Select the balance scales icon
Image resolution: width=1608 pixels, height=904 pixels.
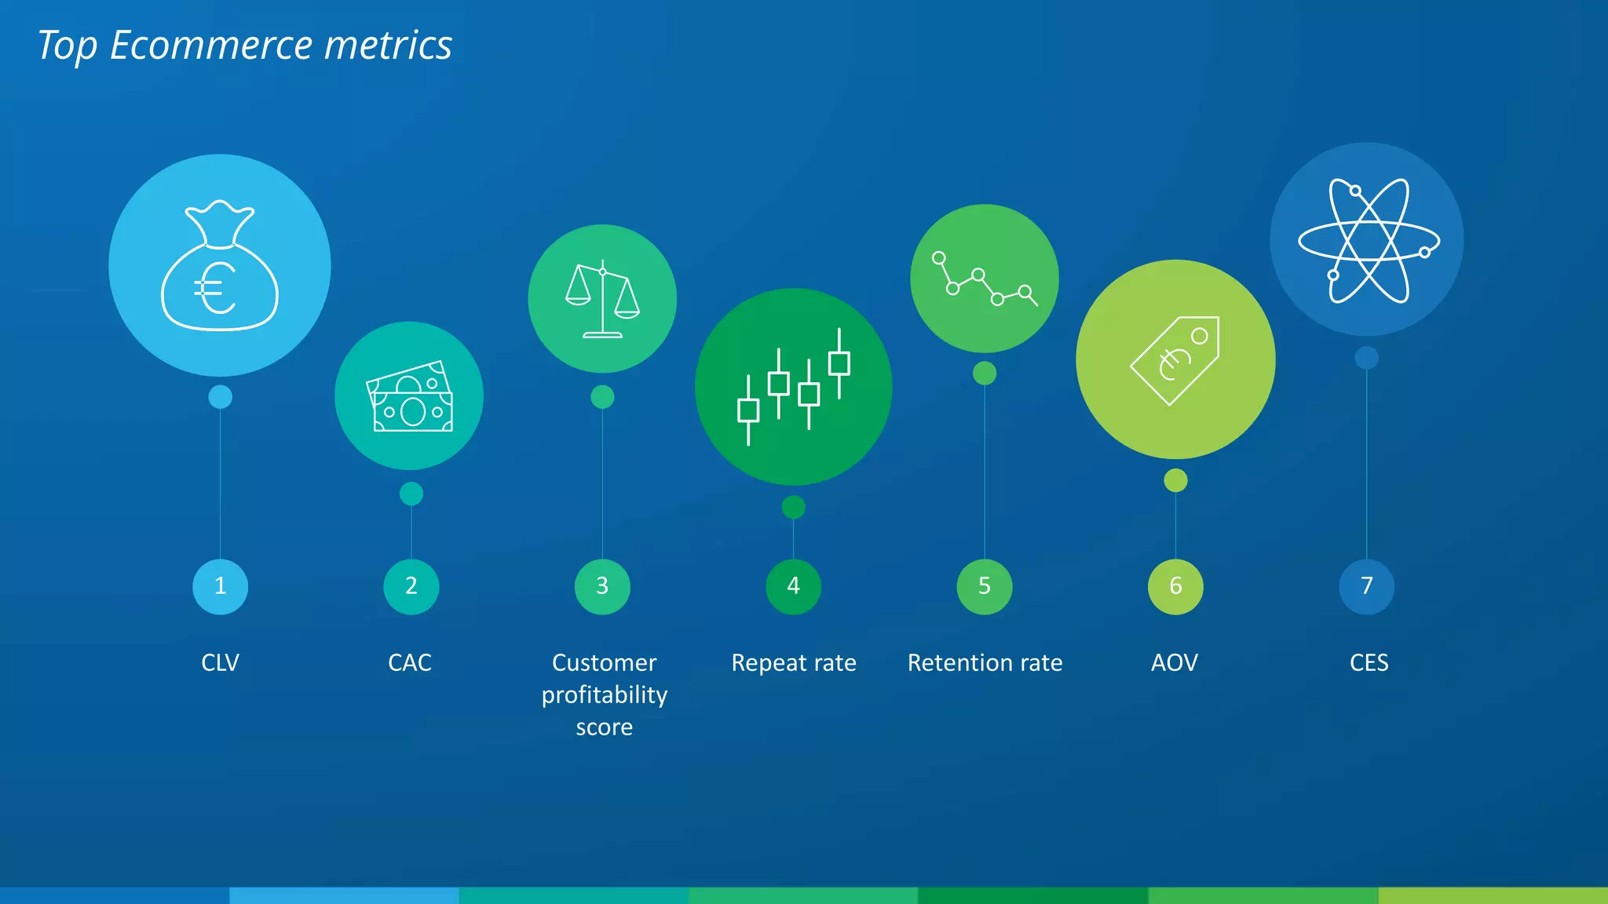602,299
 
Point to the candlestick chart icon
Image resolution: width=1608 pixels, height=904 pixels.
793,387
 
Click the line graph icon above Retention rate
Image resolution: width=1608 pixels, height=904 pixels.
984,279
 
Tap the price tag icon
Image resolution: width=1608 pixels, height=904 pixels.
1175,360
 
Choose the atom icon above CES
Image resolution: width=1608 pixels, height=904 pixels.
1367,240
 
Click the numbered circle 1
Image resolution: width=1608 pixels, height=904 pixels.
220,586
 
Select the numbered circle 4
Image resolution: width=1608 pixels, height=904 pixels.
793,586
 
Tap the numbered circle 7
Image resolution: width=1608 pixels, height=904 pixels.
1366,586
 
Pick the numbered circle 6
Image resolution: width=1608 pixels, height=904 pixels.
1175,586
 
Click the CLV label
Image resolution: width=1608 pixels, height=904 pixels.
220,663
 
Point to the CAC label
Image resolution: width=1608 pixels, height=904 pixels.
410,663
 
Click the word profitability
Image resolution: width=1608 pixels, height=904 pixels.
604,695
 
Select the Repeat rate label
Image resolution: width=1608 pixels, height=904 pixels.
793,663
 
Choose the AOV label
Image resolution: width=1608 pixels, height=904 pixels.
1175,663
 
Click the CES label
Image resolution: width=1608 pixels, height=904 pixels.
1369,663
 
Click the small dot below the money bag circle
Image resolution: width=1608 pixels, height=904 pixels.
220,397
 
